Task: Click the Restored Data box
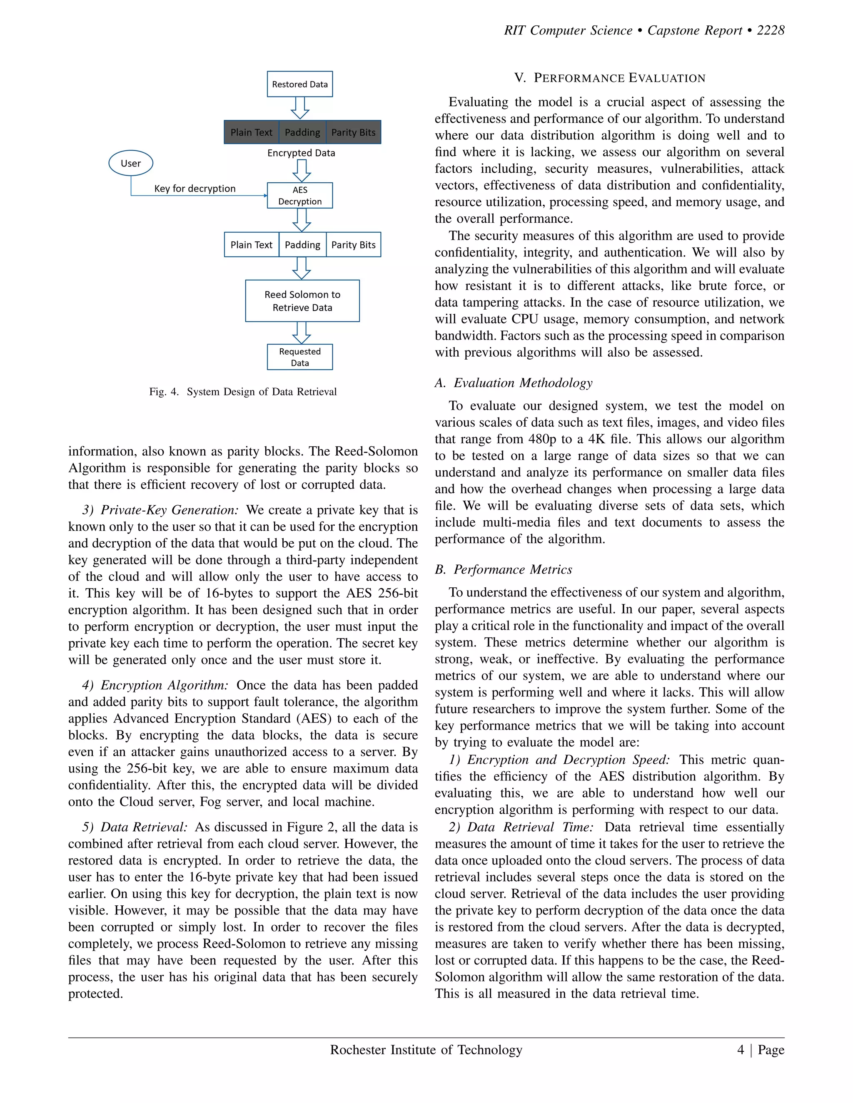299,84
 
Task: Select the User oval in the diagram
131,163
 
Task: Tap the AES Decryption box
299,196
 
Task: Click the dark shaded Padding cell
302,132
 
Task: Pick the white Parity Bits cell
353,245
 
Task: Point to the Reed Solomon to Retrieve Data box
302,301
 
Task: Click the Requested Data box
299,357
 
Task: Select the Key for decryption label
195,189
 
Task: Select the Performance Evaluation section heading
609,78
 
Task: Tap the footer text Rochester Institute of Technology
426,1050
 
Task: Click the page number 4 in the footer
741,1050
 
